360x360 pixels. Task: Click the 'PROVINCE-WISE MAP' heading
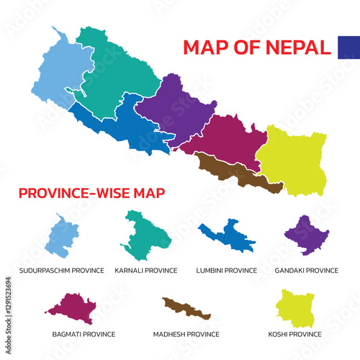tap(91, 193)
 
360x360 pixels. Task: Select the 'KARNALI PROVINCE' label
tap(146, 271)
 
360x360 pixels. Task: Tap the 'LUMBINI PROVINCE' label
tap(227, 271)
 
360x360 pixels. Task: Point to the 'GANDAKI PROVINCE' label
tap(307, 271)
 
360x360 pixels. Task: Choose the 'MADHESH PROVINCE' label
tap(186, 335)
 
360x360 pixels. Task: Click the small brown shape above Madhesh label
tap(186, 308)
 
